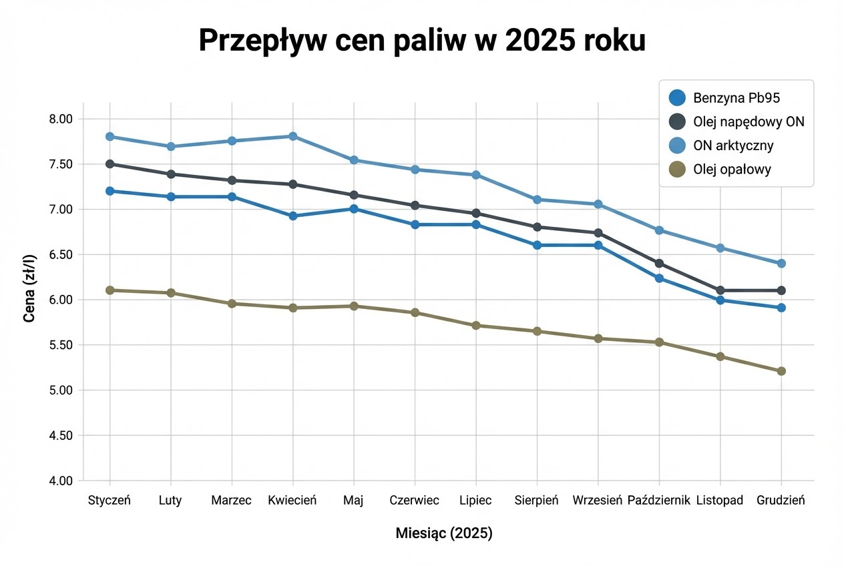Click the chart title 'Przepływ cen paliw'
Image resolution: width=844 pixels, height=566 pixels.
(x=422, y=41)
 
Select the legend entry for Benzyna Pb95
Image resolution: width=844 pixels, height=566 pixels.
(x=725, y=98)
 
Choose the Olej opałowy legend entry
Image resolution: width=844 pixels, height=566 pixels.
(x=722, y=170)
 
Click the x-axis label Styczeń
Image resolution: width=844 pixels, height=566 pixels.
(x=110, y=501)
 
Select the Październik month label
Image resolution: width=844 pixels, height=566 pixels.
(x=658, y=501)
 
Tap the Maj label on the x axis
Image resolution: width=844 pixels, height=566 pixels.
(x=353, y=501)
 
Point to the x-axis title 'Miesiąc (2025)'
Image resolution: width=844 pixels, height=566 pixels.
(x=444, y=533)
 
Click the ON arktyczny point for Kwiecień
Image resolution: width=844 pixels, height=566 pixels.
(x=292, y=136)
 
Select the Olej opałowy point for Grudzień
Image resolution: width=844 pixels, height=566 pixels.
(x=781, y=371)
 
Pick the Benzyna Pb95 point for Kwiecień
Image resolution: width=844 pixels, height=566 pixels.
(x=292, y=216)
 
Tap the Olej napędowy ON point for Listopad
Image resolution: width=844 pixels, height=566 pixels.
(x=720, y=290)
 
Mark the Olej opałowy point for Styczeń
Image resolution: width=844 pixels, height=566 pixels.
(x=110, y=290)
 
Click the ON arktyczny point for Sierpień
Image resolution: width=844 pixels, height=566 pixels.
(x=537, y=200)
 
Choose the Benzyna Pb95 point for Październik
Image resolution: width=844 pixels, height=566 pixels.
(x=659, y=278)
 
